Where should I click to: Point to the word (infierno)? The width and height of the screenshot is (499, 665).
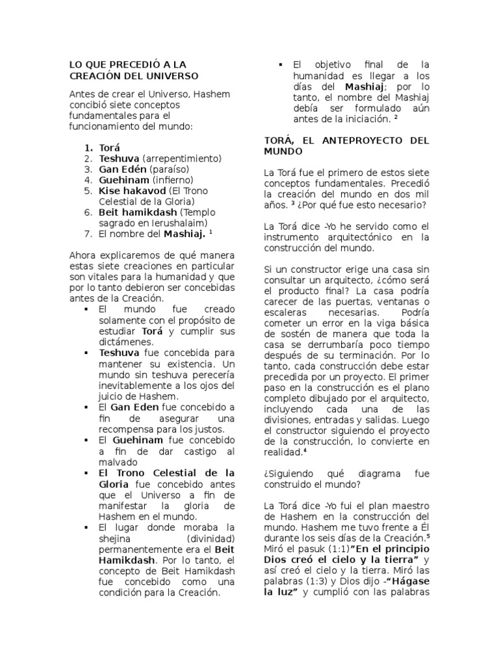click(173, 180)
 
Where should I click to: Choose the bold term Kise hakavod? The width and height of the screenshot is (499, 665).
click(132, 191)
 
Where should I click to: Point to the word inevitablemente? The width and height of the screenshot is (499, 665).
click(137, 384)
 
